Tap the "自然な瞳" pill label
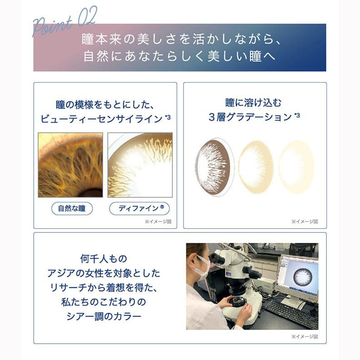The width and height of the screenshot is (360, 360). click(x=72, y=208)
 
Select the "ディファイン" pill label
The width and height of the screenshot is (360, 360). click(x=140, y=208)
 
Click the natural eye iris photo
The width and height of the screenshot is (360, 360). click(x=70, y=165)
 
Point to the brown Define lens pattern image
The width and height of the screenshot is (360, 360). click(x=140, y=165)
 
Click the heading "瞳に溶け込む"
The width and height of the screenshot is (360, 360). click(x=255, y=102)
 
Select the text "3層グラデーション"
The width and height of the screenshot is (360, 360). click(x=250, y=117)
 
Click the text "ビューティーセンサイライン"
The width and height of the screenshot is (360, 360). click(x=101, y=119)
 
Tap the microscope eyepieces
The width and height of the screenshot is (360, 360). click(x=218, y=259)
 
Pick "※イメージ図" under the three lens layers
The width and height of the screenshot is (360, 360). click(x=304, y=222)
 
